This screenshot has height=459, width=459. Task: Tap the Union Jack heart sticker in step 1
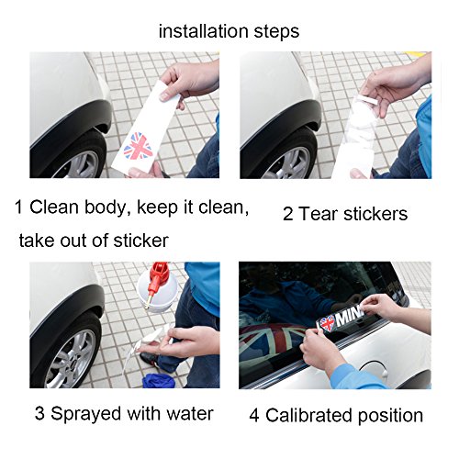tap(139, 146)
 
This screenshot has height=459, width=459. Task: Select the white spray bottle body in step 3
tap(158, 292)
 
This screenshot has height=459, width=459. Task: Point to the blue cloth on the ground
tap(159, 380)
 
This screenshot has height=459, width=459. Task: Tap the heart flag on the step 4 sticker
tap(327, 324)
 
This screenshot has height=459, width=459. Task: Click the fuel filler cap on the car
tap(373, 368)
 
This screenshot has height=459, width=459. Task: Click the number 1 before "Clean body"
tap(18, 207)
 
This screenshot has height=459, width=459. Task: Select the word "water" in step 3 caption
tap(190, 414)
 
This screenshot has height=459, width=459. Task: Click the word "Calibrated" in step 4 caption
tap(309, 415)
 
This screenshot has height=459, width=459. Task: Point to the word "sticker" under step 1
tap(140, 241)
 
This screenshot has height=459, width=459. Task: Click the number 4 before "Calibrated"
tap(254, 416)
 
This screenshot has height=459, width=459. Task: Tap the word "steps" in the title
tap(276, 32)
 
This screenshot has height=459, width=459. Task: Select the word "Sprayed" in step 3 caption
tap(86, 414)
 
